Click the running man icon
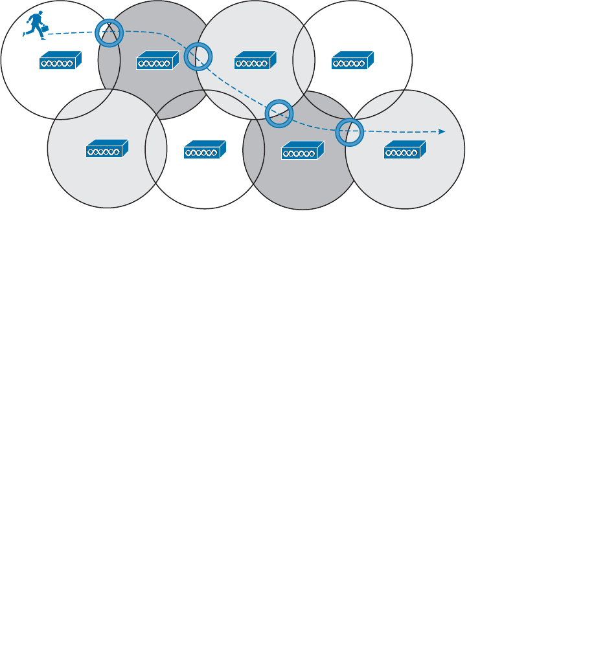point(34,24)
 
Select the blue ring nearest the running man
point(109,33)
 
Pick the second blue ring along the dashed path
point(198,56)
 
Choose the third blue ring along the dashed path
point(280,113)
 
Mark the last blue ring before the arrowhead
point(350,132)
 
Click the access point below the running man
point(60,61)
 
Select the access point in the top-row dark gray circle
point(157,61)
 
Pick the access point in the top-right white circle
point(352,61)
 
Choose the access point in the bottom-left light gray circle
point(107,149)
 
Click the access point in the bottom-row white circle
point(205,149)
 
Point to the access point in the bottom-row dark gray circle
point(303,151)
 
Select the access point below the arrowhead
point(406,150)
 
